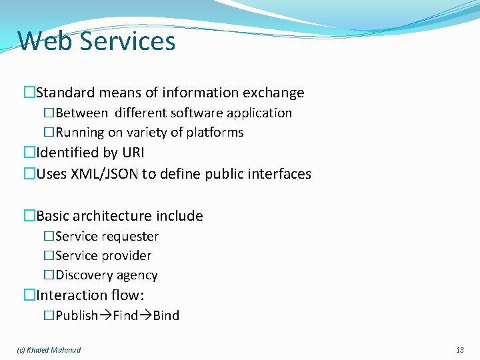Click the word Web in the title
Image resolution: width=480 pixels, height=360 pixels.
[x=45, y=41]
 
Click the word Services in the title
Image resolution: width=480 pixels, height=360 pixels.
[x=127, y=41]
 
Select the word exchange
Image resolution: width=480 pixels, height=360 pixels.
[x=275, y=93]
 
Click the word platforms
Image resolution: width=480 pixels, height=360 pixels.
[x=215, y=133]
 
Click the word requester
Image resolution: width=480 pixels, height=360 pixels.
[x=130, y=237]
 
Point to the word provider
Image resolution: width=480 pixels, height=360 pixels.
[x=126, y=256]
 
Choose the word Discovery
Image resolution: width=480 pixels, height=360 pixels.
[x=84, y=275]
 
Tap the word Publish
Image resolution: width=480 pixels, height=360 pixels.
[x=77, y=316]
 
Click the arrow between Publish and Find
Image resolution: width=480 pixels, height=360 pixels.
[x=105, y=316]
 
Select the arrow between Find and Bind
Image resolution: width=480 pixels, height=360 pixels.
[x=145, y=316]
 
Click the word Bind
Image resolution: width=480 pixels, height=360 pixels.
[x=166, y=316]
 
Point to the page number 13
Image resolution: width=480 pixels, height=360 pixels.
[x=459, y=350]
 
